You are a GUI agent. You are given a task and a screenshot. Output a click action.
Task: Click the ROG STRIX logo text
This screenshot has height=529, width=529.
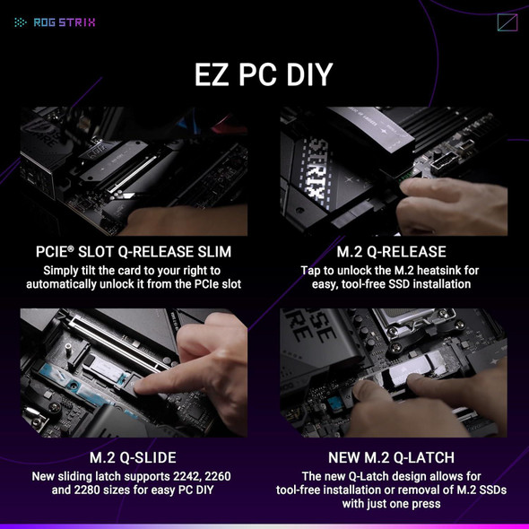pos(64,22)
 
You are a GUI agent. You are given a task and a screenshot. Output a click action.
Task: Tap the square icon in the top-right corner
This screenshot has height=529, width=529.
pos(507,22)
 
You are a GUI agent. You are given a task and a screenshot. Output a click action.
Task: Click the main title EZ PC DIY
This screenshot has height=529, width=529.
pos(264,75)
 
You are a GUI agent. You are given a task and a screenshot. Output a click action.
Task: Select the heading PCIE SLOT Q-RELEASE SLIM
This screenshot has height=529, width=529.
pos(134,252)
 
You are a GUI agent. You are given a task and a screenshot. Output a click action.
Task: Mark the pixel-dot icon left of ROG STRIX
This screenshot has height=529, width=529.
pos(21,22)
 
